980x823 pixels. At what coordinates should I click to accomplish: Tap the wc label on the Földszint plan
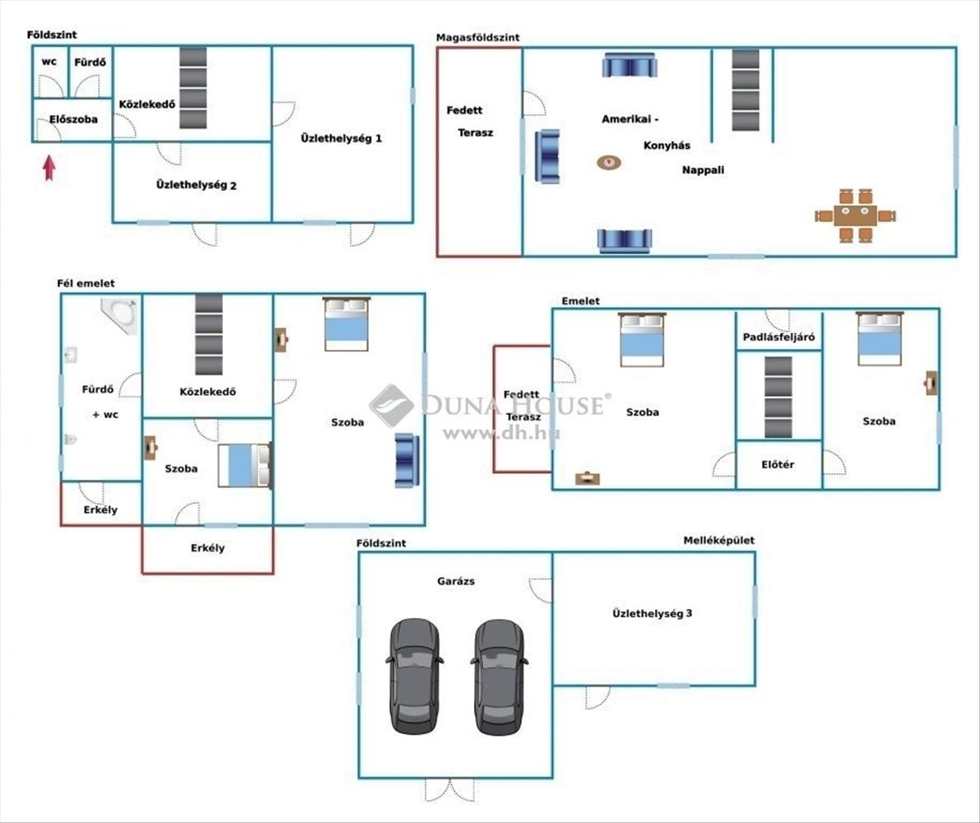click(49, 62)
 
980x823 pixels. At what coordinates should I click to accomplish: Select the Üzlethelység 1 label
click(341, 138)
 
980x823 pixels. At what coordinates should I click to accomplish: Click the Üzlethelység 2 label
click(197, 185)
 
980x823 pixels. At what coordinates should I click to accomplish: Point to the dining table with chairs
click(855, 216)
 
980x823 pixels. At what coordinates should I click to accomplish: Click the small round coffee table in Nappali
click(609, 162)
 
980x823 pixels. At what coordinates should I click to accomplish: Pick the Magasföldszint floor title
click(477, 37)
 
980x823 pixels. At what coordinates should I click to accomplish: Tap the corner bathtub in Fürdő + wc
click(118, 315)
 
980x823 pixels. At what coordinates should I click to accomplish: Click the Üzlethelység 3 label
click(653, 613)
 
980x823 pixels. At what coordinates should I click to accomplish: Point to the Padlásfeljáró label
click(778, 336)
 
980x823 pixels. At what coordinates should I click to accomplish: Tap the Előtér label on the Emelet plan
click(778, 464)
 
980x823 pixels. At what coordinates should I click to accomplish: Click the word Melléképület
click(718, 541)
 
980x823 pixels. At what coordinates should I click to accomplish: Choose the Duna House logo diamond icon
click(392, 405)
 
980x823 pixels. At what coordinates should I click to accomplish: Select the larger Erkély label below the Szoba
click(207, 548)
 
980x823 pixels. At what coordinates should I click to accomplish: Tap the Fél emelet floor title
click(86, 283)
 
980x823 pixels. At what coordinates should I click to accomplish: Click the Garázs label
click(455, 581)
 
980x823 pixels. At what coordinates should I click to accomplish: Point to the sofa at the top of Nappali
click(629, 65)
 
